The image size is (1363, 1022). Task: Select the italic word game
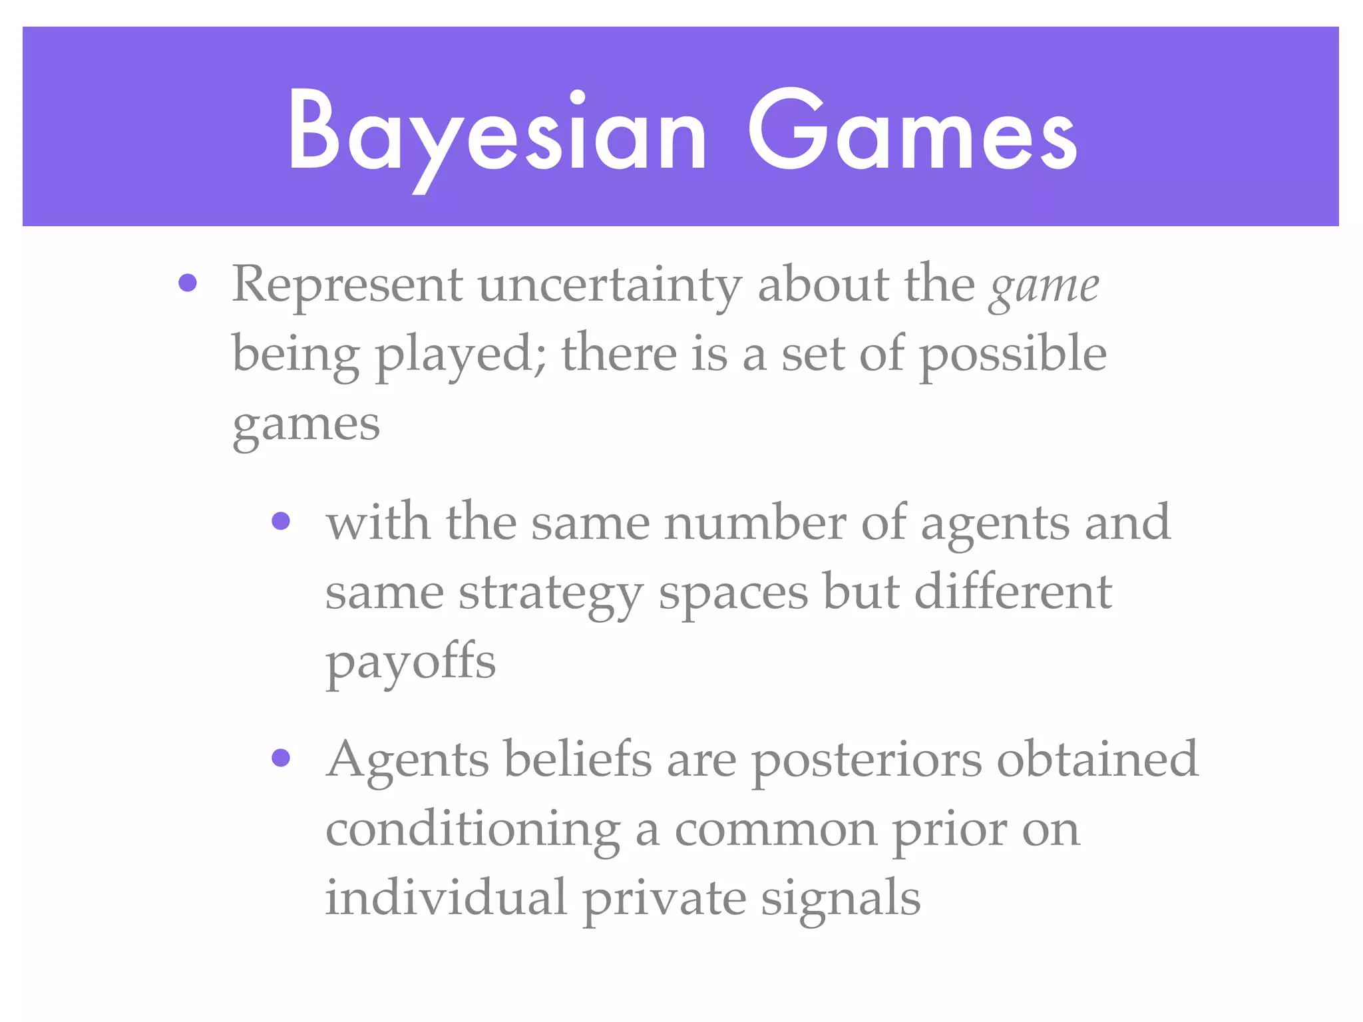1044,287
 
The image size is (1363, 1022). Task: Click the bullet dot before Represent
188,283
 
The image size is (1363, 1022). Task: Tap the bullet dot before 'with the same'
282,520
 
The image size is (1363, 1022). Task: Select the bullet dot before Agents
282,758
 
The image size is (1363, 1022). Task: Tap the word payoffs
411,663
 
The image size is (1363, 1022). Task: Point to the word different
1013,592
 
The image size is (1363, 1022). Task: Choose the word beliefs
578,760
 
